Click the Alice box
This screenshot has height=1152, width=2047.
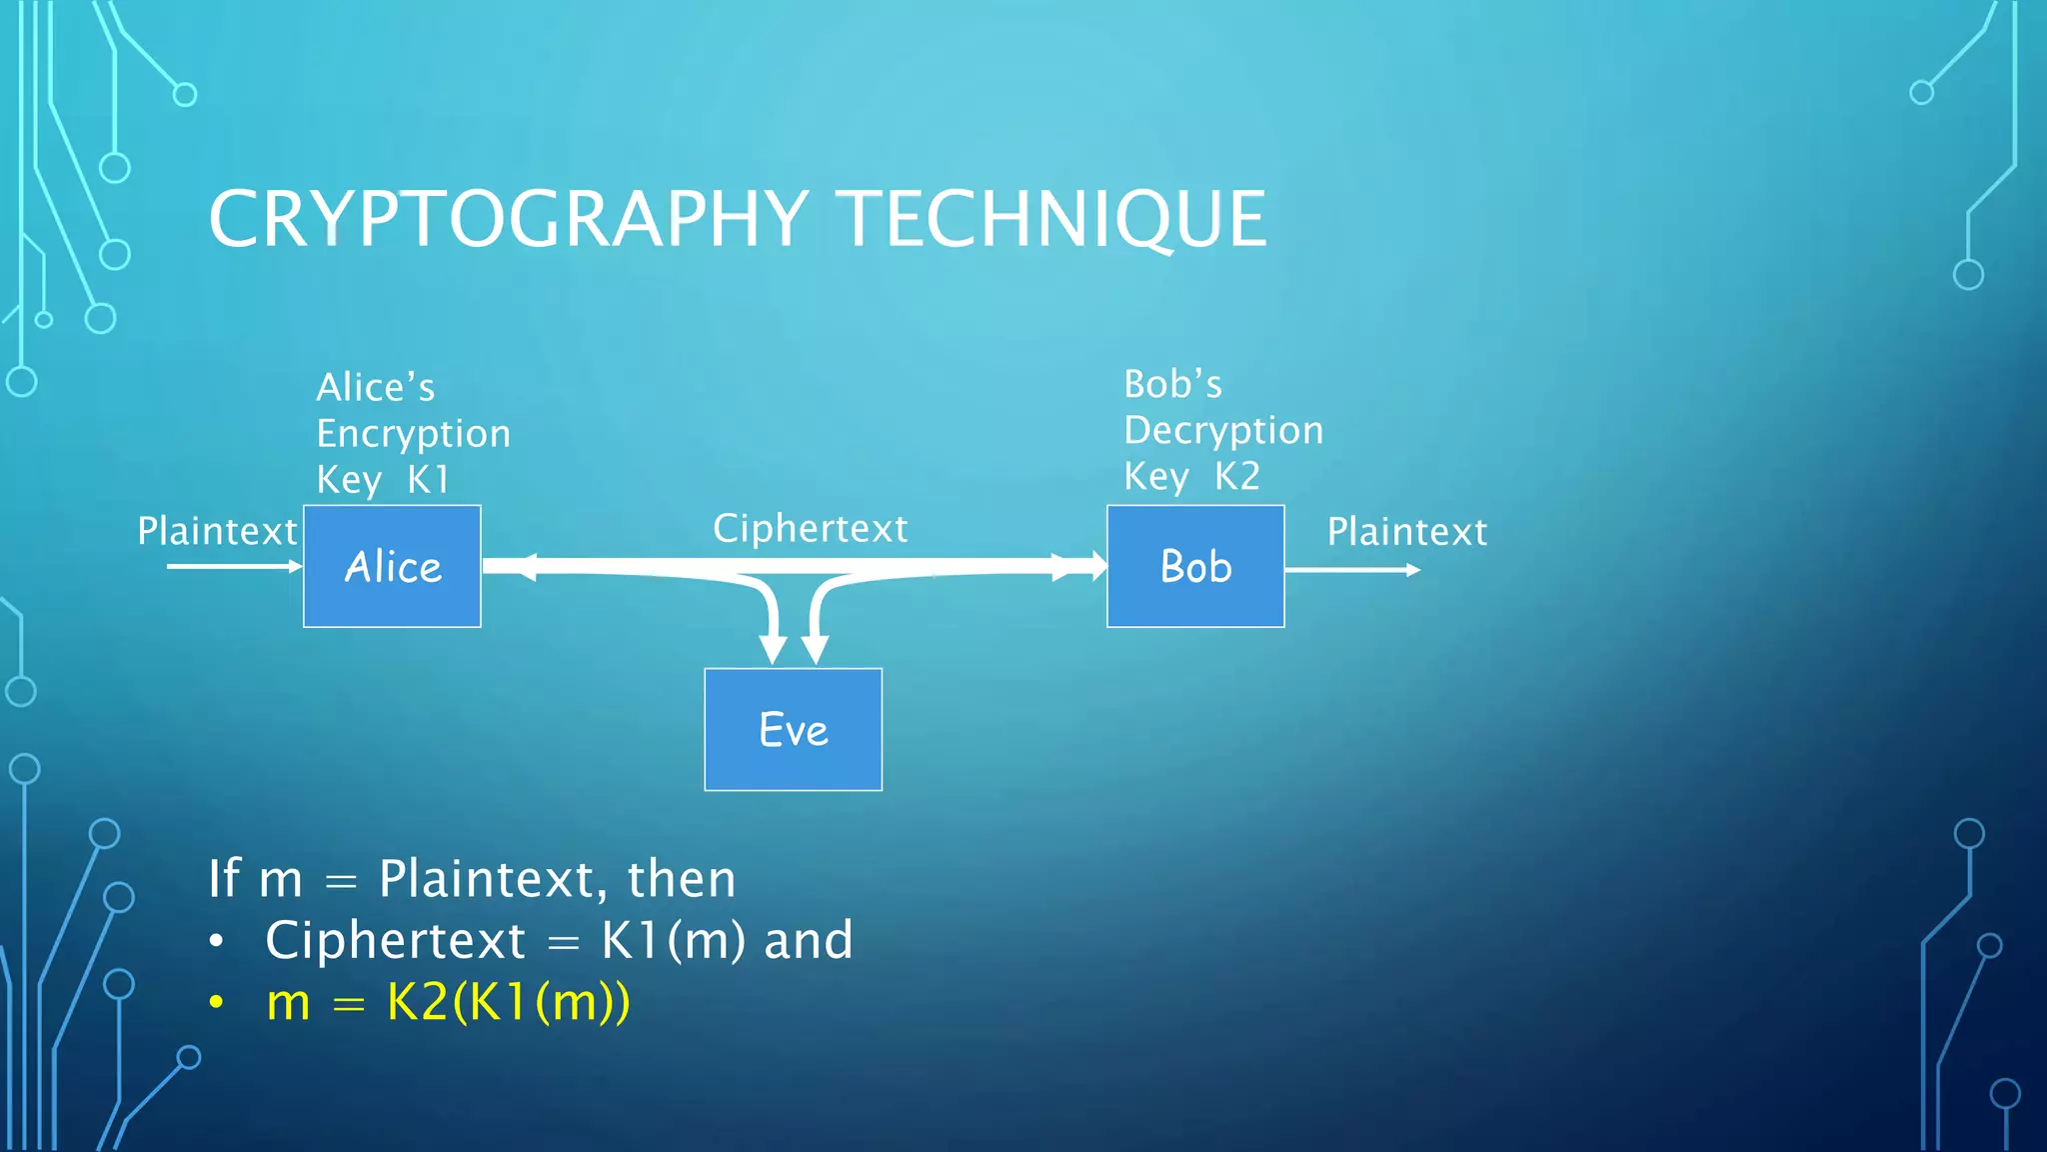[x=392, y=566]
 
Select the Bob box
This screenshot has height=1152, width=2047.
[x=1195, y=566]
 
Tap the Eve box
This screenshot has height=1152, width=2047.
[x=793, y=729]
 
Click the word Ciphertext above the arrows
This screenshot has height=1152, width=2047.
[x=810, y=528]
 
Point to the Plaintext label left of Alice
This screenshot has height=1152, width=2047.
[x=217, y=531]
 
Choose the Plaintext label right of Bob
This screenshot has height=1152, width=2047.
[x=1406, y=531]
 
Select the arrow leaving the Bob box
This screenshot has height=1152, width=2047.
[x=1351, y=570]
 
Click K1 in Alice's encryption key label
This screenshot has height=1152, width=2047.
[x=429, y=480]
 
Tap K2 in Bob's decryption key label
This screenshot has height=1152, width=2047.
[x=1237, y=476]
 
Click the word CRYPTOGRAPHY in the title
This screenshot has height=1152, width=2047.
[x=508, y=219]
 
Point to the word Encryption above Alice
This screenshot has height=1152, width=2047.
[x=413, y=434]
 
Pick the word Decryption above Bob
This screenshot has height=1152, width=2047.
[x=1223, y=430]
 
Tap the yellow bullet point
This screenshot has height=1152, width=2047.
[x=216, y=1002]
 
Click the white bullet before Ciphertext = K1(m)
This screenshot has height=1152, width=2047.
[x=216, y=941]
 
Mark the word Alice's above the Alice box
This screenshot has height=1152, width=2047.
[x=375, y=387]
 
